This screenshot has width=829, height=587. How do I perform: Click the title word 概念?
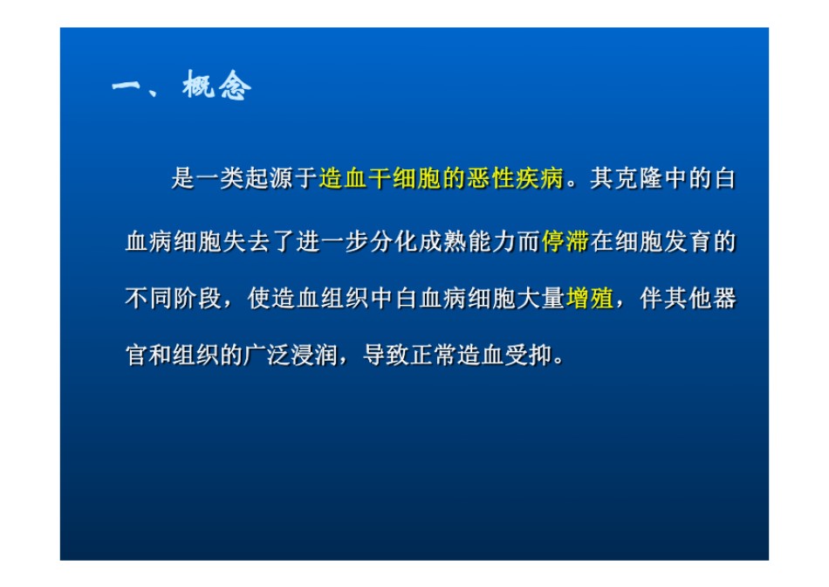click(x=216, y=86)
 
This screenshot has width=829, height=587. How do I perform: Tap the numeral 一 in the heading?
click(x=127, y=86)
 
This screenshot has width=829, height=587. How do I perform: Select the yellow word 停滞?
click(x=565, y=241)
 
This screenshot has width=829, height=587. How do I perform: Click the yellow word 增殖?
click(x=590, y=298)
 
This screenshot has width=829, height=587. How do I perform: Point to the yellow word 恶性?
click(x=491, y=178)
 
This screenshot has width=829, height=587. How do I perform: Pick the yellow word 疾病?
click(x=540, y=178)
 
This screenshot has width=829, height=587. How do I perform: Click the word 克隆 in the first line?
click(x=639, y=178)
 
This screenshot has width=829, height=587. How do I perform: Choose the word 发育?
click(x=688, y=241)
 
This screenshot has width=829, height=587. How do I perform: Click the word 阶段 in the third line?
click(x=198, y=298)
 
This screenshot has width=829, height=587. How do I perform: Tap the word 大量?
click(x=541, y=298)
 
